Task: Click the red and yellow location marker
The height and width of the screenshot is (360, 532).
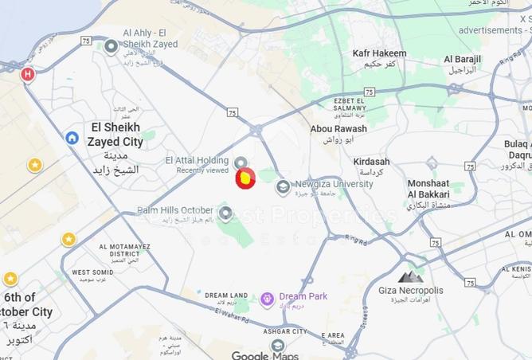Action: [245, 179]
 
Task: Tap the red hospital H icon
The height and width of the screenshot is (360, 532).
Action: [28, 75]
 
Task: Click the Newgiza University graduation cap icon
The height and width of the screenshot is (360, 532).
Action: [282, 187]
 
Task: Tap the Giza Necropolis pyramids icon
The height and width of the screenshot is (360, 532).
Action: [411, 276]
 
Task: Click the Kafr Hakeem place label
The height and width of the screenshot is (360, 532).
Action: [379, 53]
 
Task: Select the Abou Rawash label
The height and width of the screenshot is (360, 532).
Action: [338, 128]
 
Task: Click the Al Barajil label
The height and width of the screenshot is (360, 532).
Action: [460, 59]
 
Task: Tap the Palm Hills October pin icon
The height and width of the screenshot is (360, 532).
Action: [225, 213]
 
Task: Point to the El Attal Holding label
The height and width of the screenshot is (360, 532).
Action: [196, 160]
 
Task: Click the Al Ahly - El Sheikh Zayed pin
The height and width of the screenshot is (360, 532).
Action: [111, 46]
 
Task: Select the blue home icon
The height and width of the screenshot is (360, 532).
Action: [72, 138]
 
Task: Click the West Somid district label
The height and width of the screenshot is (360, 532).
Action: [92, 272]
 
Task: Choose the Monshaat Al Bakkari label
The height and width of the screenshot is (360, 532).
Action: [428, 188]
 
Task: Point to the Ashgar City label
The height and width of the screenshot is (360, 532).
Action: [286, 331]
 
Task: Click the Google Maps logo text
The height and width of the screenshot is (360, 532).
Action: [265, 355]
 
